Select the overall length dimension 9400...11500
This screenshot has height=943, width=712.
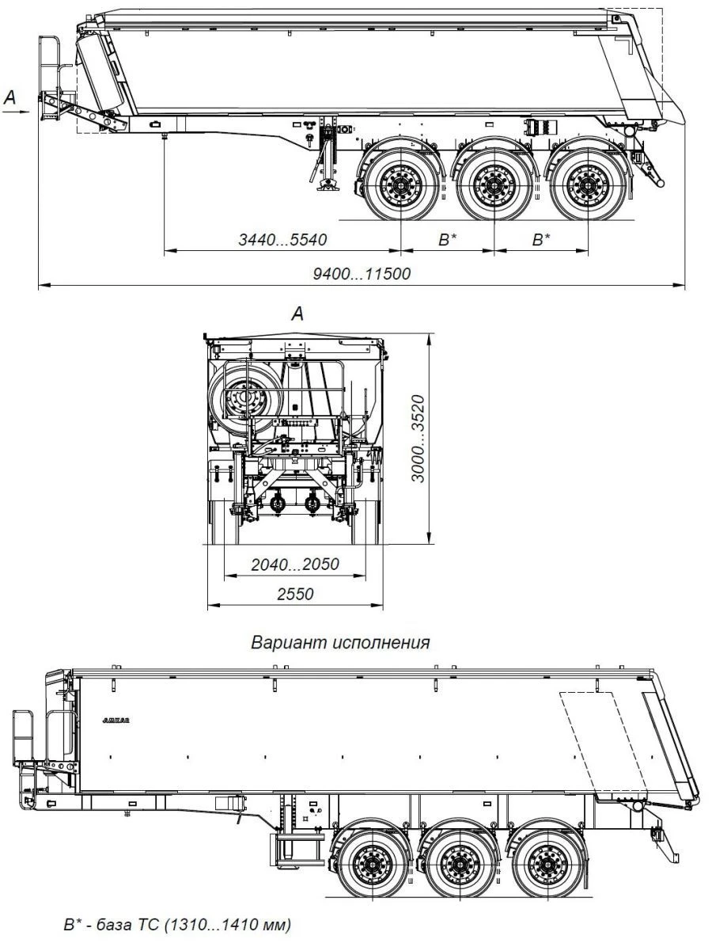pos(362,273)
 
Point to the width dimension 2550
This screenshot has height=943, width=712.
pos(294,594)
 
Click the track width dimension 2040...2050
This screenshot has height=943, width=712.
pos(294,565)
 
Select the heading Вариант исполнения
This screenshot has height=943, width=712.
pos(340,642)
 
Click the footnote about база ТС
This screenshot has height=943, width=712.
pos(177,924)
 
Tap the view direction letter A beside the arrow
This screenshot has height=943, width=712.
pos(9,97)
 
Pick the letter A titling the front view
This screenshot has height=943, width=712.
pos(297,314)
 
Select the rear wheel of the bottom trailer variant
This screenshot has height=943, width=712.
pos(548,861)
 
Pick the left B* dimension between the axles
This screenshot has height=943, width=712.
pos(448,239)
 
